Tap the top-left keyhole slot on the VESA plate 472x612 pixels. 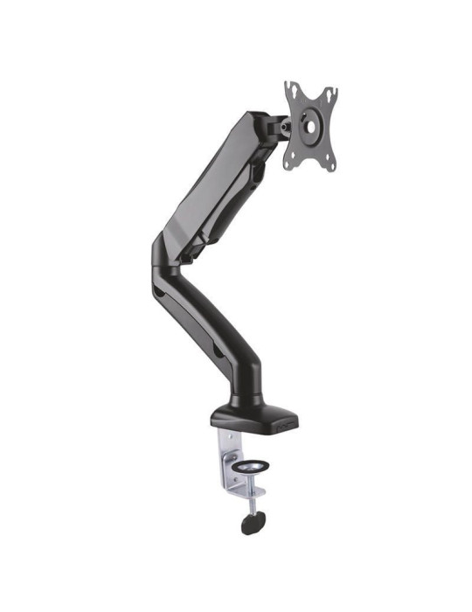click(x=293, y=90)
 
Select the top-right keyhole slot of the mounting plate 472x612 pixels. click(x=330, y=93)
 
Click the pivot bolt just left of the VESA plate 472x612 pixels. click(x=282, y=125)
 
